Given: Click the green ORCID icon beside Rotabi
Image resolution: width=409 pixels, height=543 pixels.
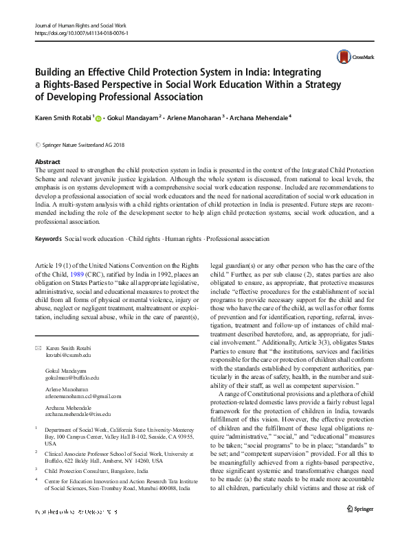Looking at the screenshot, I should tap(99, 119).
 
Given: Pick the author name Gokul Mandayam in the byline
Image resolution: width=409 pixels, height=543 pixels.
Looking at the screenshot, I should tap(133, 118).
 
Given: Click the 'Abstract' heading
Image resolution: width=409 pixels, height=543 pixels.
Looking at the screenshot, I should tap(47, 162).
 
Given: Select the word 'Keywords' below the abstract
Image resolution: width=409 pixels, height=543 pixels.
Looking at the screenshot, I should tap(47, 239).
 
